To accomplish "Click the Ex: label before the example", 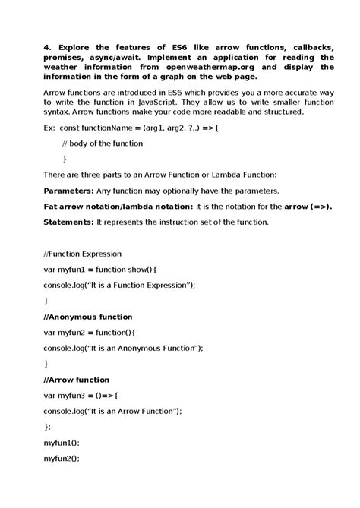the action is coord(49,128).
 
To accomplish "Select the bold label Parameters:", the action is coord(68,191).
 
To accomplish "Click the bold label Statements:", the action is coord(68,222).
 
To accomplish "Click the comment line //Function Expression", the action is coord(84,254).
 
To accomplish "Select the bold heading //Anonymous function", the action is coord(87,317).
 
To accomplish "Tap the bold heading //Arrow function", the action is coord(76,380).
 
